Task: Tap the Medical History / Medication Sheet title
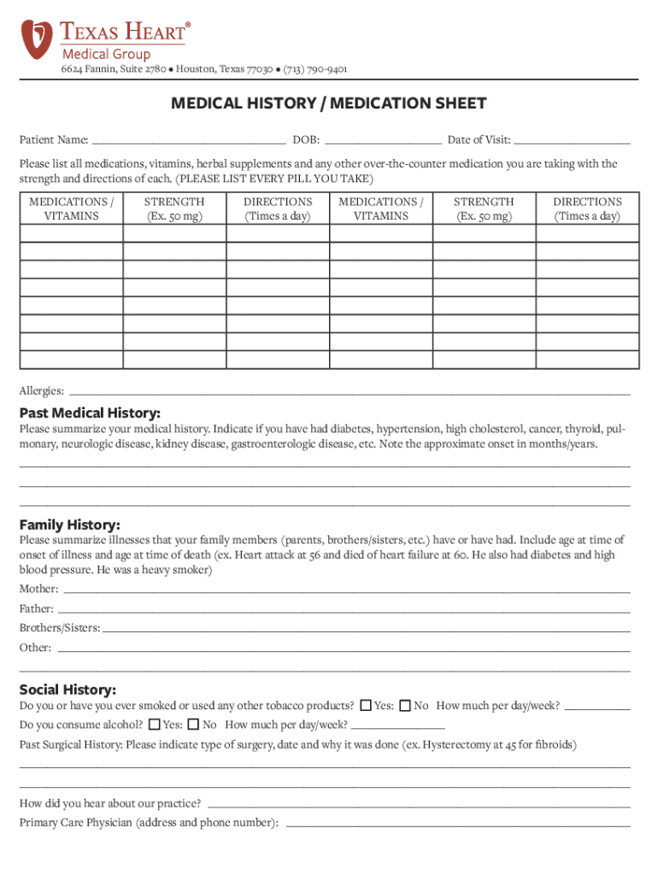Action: coord(329,104)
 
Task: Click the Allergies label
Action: coord(41,391)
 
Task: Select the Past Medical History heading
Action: coord(90,414)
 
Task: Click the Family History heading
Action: coord(70,525)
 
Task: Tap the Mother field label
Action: coord(39,590)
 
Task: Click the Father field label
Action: coord(37,609)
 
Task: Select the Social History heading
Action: coord(68,690)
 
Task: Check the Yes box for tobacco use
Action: coord(366,706)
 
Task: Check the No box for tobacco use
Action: coord(405,706)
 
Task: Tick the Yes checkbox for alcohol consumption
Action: coord(154,725)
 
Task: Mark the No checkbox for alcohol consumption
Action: coord(193,725)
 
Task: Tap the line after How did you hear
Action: coord(419,806)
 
